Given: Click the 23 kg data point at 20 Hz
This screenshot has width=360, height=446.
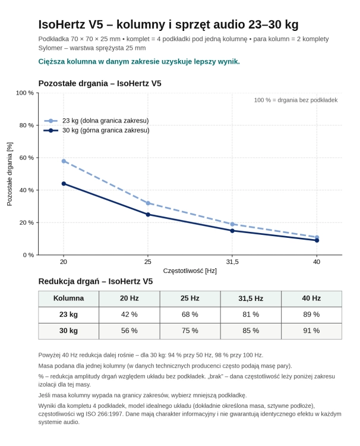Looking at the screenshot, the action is click(x=64, y=161).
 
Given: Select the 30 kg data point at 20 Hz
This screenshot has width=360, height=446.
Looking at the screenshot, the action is click(x=64, y=184).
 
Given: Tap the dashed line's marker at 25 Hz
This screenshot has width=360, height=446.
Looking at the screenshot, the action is click(x=148, y=203).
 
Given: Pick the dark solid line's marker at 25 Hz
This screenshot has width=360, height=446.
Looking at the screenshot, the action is click(x=148, y=215).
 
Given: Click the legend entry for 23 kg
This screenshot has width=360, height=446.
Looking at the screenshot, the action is click(x=96, y=121).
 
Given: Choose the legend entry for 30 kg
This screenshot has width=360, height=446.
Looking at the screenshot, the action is click(x=96, y=130).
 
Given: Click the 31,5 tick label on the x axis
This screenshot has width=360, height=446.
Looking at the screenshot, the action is click(x=232, y=262).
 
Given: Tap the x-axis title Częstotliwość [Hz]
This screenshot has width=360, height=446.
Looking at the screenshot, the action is click(x=190, y=271).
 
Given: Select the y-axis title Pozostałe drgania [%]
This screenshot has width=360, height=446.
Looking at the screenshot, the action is click(x=10, y=174).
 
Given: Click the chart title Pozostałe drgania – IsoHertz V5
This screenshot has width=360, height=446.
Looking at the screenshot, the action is click(x=100, y=83).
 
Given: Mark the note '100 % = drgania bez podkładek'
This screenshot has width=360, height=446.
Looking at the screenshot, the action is click(x=296, y=100).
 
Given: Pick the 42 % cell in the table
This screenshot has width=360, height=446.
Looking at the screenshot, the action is click(x=130, y=315).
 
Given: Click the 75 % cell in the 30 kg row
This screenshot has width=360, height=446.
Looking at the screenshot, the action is click(x=190, y=331).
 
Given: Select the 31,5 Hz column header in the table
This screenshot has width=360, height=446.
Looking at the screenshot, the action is click(x=251, y=299).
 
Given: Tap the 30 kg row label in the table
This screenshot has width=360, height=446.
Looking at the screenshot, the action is click(x=68, y=331).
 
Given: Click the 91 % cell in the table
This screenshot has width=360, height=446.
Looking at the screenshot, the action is click(x=311, y=331).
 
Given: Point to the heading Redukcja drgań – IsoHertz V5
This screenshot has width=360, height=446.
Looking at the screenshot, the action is click(x=96, y=281).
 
